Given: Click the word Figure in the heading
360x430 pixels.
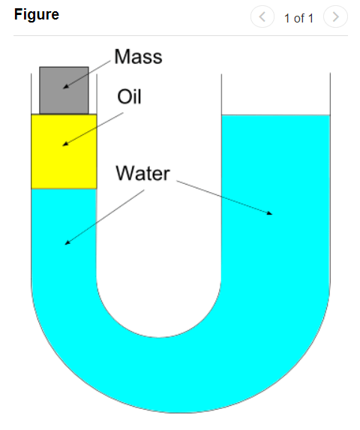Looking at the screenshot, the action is (x=37, y=14).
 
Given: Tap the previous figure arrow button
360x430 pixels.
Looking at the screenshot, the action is (x=262, y=17).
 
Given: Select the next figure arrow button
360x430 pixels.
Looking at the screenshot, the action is (x=335, y=17).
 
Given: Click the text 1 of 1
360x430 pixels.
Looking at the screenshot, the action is (x=298, y=18).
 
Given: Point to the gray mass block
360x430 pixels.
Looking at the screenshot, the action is (x=64, y=90).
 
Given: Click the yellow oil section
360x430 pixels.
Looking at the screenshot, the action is (x=64, y=152).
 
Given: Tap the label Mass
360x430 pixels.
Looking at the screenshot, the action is (x=138, y=57).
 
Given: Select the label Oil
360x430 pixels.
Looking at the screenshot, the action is (x=129, y=97).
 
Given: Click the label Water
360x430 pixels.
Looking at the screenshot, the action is (x=142, y=173).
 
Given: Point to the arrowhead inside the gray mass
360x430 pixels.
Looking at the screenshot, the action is (x=66, y=87).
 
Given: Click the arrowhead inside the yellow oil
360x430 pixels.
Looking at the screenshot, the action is (x=65, y=144).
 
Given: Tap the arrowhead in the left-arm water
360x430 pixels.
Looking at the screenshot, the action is (x=67, y=242).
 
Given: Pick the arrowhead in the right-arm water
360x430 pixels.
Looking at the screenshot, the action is (x=269, y=213).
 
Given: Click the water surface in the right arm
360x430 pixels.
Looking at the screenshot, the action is (x=276, y=115).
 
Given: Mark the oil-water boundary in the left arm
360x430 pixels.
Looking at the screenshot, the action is (x=64, y=188).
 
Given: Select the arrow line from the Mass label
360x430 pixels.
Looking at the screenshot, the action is (x=87, y=74).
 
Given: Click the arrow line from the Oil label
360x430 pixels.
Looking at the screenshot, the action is (x=93, y=129).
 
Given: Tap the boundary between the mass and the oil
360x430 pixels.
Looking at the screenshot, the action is (x=64, y=114).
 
